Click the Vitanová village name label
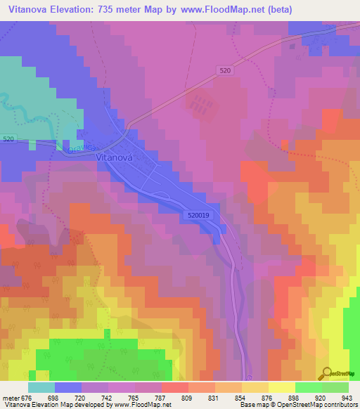[x=115, y=159]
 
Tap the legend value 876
[x=257, y=397]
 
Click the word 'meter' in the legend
[x=10, y=397]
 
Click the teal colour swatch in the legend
[x=41, y=387]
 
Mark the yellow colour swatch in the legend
[x=282, y=387]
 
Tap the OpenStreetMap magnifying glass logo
[x=326, y=374]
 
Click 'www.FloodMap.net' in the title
[x=213, y=10]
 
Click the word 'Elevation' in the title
[x=73, y=10]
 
